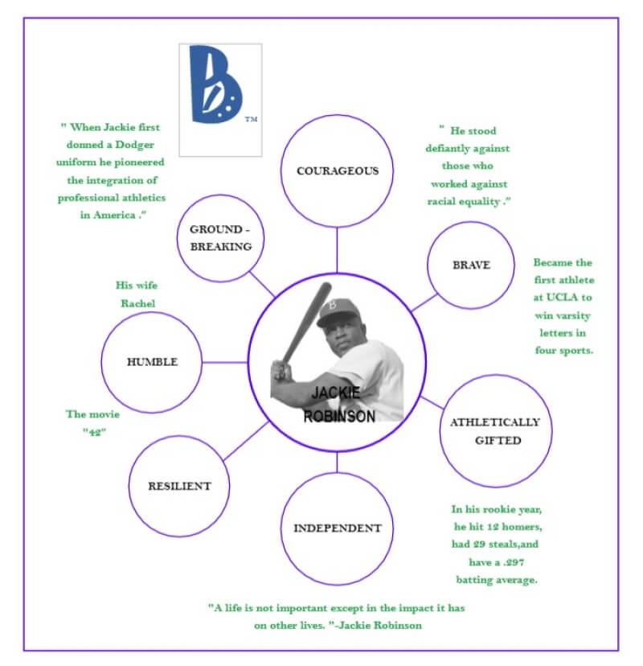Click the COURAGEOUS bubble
click(337, 171)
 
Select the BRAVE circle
click(470, 265)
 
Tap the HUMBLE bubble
click(152, 362)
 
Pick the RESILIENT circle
click(179, 486)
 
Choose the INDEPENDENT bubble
click(337, 528)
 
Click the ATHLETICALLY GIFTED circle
click(497, 431)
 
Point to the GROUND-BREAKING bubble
click(221, 239)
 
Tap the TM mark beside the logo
click(251, 120)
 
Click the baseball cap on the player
click(335, 310)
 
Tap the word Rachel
click(137, 303)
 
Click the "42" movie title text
click(94, 432)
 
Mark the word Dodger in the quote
click(141, 145)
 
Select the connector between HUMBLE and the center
click(224, 362)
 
